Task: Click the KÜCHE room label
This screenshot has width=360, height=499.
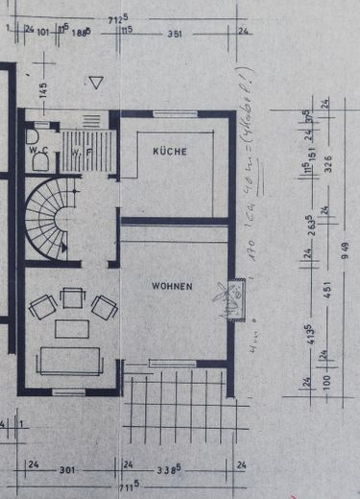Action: click(169, 153)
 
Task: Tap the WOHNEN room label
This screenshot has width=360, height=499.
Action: click(171, 286)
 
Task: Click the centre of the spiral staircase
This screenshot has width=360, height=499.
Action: click(60, 220)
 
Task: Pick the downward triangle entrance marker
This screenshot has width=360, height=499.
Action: click(95, 83)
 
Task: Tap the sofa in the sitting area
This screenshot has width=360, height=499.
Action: click(69, 360)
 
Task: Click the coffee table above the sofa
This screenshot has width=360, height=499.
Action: click(71, 329)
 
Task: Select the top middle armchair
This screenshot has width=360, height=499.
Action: click(72, 298)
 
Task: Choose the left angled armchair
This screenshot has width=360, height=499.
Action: click(42, 307)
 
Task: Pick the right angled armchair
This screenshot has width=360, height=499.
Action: click(103, 307)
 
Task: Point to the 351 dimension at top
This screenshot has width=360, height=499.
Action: click(175, 33)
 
